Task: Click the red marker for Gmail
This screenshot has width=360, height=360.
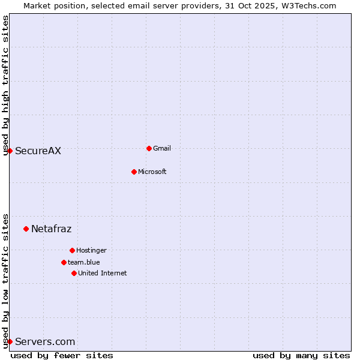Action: click(149, 148)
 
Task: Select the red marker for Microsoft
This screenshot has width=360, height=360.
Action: click(134, 172)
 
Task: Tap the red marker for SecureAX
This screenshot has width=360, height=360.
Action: click(10, 151)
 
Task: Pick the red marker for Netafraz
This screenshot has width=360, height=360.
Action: click(26, 229)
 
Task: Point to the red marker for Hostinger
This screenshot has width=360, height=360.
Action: click(72, 250)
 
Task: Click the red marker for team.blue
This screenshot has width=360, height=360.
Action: click(64, 262)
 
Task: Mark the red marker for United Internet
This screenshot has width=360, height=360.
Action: click(74, 273)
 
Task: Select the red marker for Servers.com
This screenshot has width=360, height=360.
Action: click(10, 341)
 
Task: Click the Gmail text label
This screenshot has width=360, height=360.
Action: click(162, 148)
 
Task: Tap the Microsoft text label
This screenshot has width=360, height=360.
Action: click(152, 172)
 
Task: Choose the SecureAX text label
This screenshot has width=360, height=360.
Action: click(38, 151)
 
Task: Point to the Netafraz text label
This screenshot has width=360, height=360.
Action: click(51, 229)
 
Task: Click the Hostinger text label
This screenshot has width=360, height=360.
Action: click(91, 250)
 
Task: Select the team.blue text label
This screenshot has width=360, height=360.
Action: click(84, 262)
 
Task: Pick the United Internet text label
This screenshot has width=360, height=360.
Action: click(103, 273)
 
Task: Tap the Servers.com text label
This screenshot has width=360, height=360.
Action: click(45, 342)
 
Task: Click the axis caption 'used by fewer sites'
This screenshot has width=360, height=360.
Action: click(62, 355)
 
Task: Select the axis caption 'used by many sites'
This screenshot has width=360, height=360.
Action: click(301, 355)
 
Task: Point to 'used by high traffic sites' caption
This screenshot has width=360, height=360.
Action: click(5, 85)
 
